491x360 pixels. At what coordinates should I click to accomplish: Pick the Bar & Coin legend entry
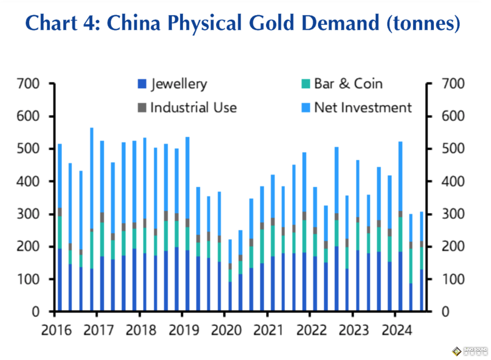(x=342, y=84)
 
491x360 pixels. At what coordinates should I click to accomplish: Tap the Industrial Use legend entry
(x=187, y=108)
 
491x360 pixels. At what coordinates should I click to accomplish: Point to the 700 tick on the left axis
(x=29, y=84)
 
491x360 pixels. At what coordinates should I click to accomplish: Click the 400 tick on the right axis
(x=451, y=182)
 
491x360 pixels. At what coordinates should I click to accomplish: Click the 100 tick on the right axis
(x=451, y=279)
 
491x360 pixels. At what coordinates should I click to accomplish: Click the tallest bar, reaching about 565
(x=92, y=219)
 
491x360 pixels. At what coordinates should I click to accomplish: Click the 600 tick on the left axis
(x=29, y=116)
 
